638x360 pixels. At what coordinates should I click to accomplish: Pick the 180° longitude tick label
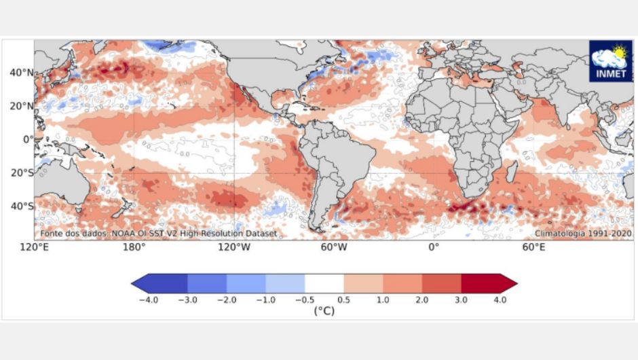(x=134, y=247)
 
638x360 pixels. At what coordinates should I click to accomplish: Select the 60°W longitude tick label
(x=334, y=247)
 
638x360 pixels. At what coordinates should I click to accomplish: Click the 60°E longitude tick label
(x=533, y=247)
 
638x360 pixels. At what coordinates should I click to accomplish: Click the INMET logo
(x=610, y=60)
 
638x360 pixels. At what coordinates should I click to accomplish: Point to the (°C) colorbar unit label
(x=324, y=311)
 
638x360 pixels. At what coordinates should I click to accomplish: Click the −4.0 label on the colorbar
(x=148, y=300)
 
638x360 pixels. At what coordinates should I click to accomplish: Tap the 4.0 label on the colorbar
(x=500, y=300)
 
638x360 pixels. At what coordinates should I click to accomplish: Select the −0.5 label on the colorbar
(x=305, y=300)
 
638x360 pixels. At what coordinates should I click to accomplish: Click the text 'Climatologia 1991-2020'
(x=583, y=233)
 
